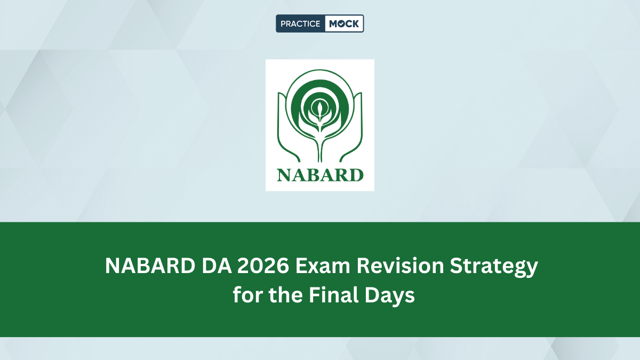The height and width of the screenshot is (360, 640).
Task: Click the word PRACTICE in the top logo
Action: tap(300, 23)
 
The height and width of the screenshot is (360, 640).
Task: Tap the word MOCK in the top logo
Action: tap(344, 23)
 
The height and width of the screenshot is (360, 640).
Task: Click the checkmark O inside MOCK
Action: tap(341, 23)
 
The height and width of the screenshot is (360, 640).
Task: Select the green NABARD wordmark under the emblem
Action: tap(320, 174)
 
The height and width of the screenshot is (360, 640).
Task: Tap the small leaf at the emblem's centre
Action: tap(319, 110)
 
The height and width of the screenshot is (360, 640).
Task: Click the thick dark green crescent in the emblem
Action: tap(320, 85)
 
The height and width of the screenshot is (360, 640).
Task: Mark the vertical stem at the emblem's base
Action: tap(320, 152)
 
